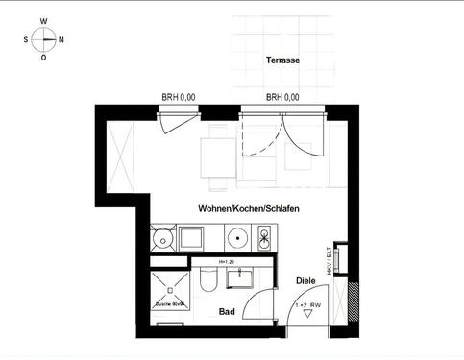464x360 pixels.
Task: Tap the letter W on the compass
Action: [x=43, y=20]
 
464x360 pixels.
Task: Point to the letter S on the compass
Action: [x=25, y=40]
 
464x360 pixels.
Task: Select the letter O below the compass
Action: [x=43, y=58]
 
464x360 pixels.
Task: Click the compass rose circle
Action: [x=43, y=39]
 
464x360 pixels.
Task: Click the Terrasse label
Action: [x=282, y=60]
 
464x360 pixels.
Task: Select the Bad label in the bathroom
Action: [x=228, y=312]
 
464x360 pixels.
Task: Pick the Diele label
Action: [x=305, y=280]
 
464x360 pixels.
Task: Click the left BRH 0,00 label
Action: [x=178, y=97]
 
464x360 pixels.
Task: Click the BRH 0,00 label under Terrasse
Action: [x=282, y=97]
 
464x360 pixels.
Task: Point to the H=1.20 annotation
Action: [x=227, y=262]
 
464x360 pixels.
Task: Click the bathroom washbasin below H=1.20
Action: [x=239, y=277]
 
